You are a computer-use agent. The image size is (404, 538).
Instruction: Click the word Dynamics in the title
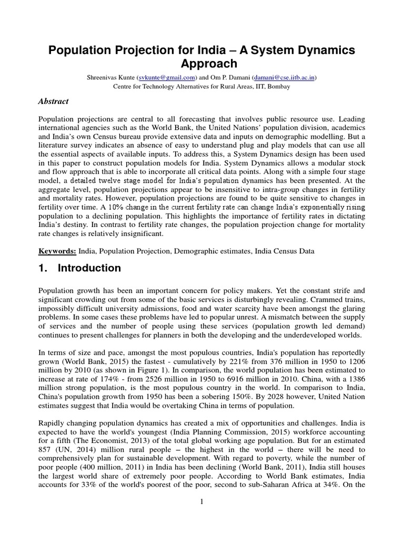323,50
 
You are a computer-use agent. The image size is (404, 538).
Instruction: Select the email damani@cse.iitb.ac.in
285,77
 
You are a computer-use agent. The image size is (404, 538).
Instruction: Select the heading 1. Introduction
80,268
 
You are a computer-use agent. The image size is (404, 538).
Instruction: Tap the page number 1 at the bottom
201,502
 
